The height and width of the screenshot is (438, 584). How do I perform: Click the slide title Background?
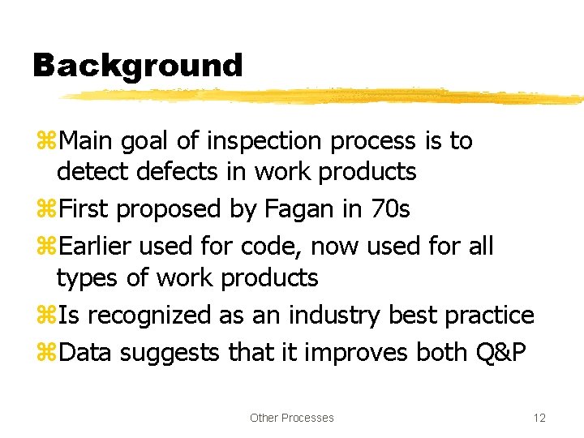click(137, 65)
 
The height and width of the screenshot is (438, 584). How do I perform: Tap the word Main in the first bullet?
click(88, 141)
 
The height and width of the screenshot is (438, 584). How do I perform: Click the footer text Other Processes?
click(291, 418)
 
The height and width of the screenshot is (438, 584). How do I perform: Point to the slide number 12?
click(539, 418)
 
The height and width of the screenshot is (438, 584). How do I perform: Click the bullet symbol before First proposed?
click(45, 210)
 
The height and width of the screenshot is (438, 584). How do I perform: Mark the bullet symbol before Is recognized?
click(45, 316)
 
